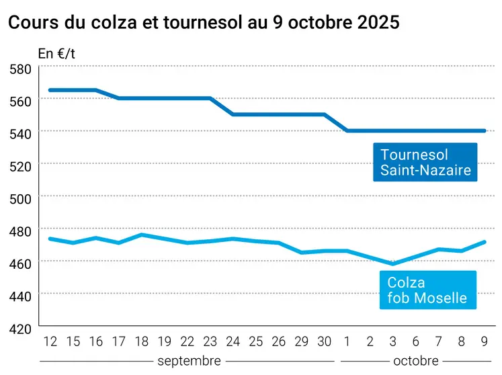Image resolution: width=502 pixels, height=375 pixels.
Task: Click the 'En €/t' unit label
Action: point(56,53)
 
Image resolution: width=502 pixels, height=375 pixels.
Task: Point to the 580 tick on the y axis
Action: point(21,69)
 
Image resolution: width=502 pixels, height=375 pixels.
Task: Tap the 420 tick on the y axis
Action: point(21,329)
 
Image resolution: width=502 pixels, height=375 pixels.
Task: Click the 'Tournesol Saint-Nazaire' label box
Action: point(425,162)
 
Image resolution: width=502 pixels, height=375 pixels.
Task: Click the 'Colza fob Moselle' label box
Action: point(427,290)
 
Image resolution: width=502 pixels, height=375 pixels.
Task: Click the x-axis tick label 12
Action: point(50,342)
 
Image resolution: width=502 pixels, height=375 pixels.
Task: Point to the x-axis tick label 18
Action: point(141,342)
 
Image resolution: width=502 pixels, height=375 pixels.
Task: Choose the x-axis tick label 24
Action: point(233,342)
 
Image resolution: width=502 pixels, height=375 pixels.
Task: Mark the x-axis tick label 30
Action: point(325,342)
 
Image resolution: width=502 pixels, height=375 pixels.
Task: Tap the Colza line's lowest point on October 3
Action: point(393,263)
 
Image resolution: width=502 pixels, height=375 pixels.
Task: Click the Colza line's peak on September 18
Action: point(141,235)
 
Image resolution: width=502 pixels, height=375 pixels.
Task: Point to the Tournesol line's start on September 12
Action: point(50,90)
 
